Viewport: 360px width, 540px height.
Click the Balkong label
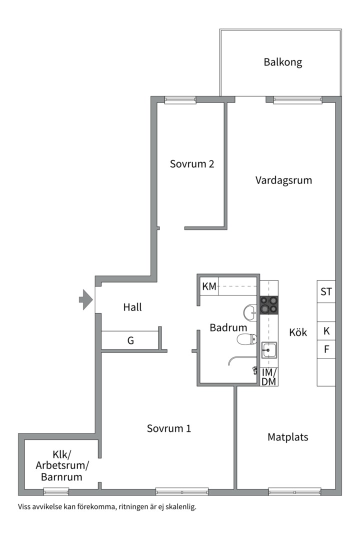[283, 62]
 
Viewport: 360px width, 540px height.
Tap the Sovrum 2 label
[192, 163]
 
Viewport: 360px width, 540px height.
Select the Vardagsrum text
[283, 180]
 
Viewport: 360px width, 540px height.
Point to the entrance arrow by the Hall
[86, 299]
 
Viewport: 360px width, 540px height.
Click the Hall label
[132, 307]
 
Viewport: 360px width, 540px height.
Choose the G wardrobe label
[131, 341]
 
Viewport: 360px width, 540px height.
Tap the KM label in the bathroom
[209, 287]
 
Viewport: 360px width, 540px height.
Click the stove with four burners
[268, 304]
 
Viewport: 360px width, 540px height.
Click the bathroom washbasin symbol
[250, 313]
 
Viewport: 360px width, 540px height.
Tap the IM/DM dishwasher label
[269, 377]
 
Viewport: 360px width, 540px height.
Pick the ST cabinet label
[326, 291]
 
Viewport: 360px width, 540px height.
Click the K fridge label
[326, 331]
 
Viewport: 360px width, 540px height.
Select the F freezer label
[326, 349]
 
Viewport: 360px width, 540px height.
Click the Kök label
[298, 332]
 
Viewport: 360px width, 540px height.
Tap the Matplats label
[288, 437]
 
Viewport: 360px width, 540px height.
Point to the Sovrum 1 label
[169, 428]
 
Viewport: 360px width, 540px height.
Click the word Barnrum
[61, 477]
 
